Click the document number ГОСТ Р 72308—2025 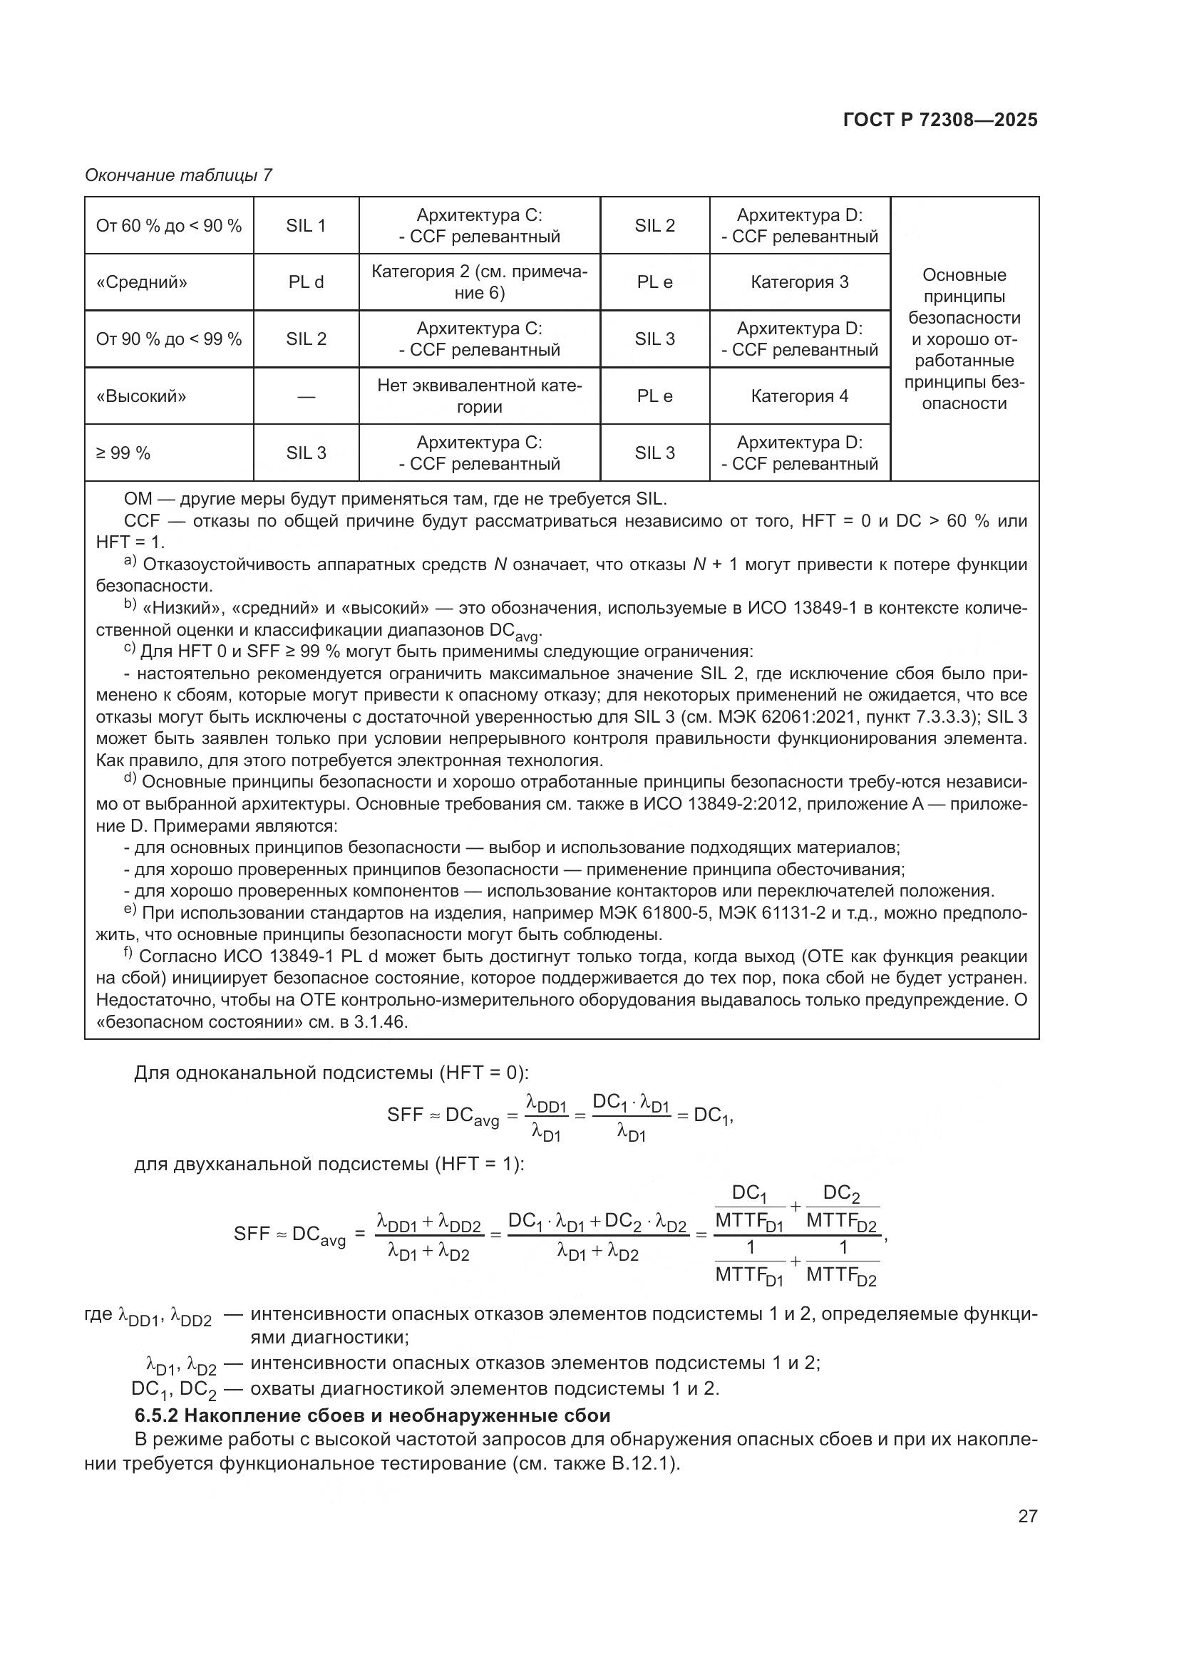pyautogui.click(x=940, y=120)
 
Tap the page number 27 pyautogui.click(x=1027, y=1516)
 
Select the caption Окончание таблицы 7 pyautogui.click(x=179, y=175)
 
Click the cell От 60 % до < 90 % pyautogui.click(x=168, y=226)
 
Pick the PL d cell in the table pyautogui.click(x=306, y=282)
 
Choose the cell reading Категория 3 pyautogui.click(x=799, y=282)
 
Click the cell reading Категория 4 pyautogui.click(x=799, y=396)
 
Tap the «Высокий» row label pyautogui.click(x=142, y=396)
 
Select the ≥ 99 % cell pyautogui.click(x=123, y=453)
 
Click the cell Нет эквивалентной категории pyautogui.click(x=479, y=396)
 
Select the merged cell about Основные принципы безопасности pyautogui.click(x=964, y=339)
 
